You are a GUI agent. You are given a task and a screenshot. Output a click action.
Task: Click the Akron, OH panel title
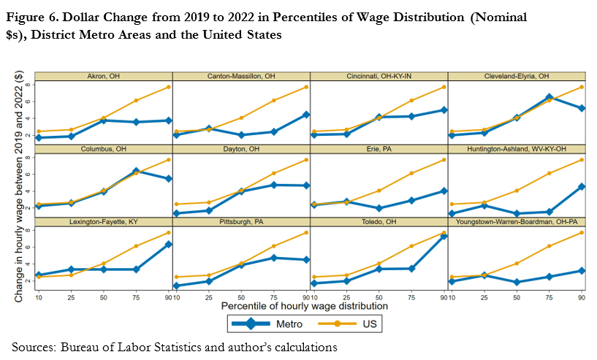[x=103, y=76]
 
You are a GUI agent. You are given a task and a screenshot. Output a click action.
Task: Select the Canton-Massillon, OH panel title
[x=241, y=76]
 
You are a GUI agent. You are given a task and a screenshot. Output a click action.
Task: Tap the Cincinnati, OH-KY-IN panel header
[x=379, y=76]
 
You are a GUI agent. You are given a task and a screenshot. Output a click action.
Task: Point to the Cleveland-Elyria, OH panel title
[x=517, y=76]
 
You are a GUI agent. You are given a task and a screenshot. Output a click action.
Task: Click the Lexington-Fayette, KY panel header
[x=103, y=221]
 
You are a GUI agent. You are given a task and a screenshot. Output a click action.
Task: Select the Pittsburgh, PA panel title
[x=241, y=221]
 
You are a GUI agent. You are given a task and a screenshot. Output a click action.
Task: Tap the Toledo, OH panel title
[x=379, y=221]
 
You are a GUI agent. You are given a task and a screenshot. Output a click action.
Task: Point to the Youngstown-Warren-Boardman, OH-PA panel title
[x=517, y=221]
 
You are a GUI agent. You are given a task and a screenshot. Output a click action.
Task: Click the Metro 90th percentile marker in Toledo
[x=444, y=236]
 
